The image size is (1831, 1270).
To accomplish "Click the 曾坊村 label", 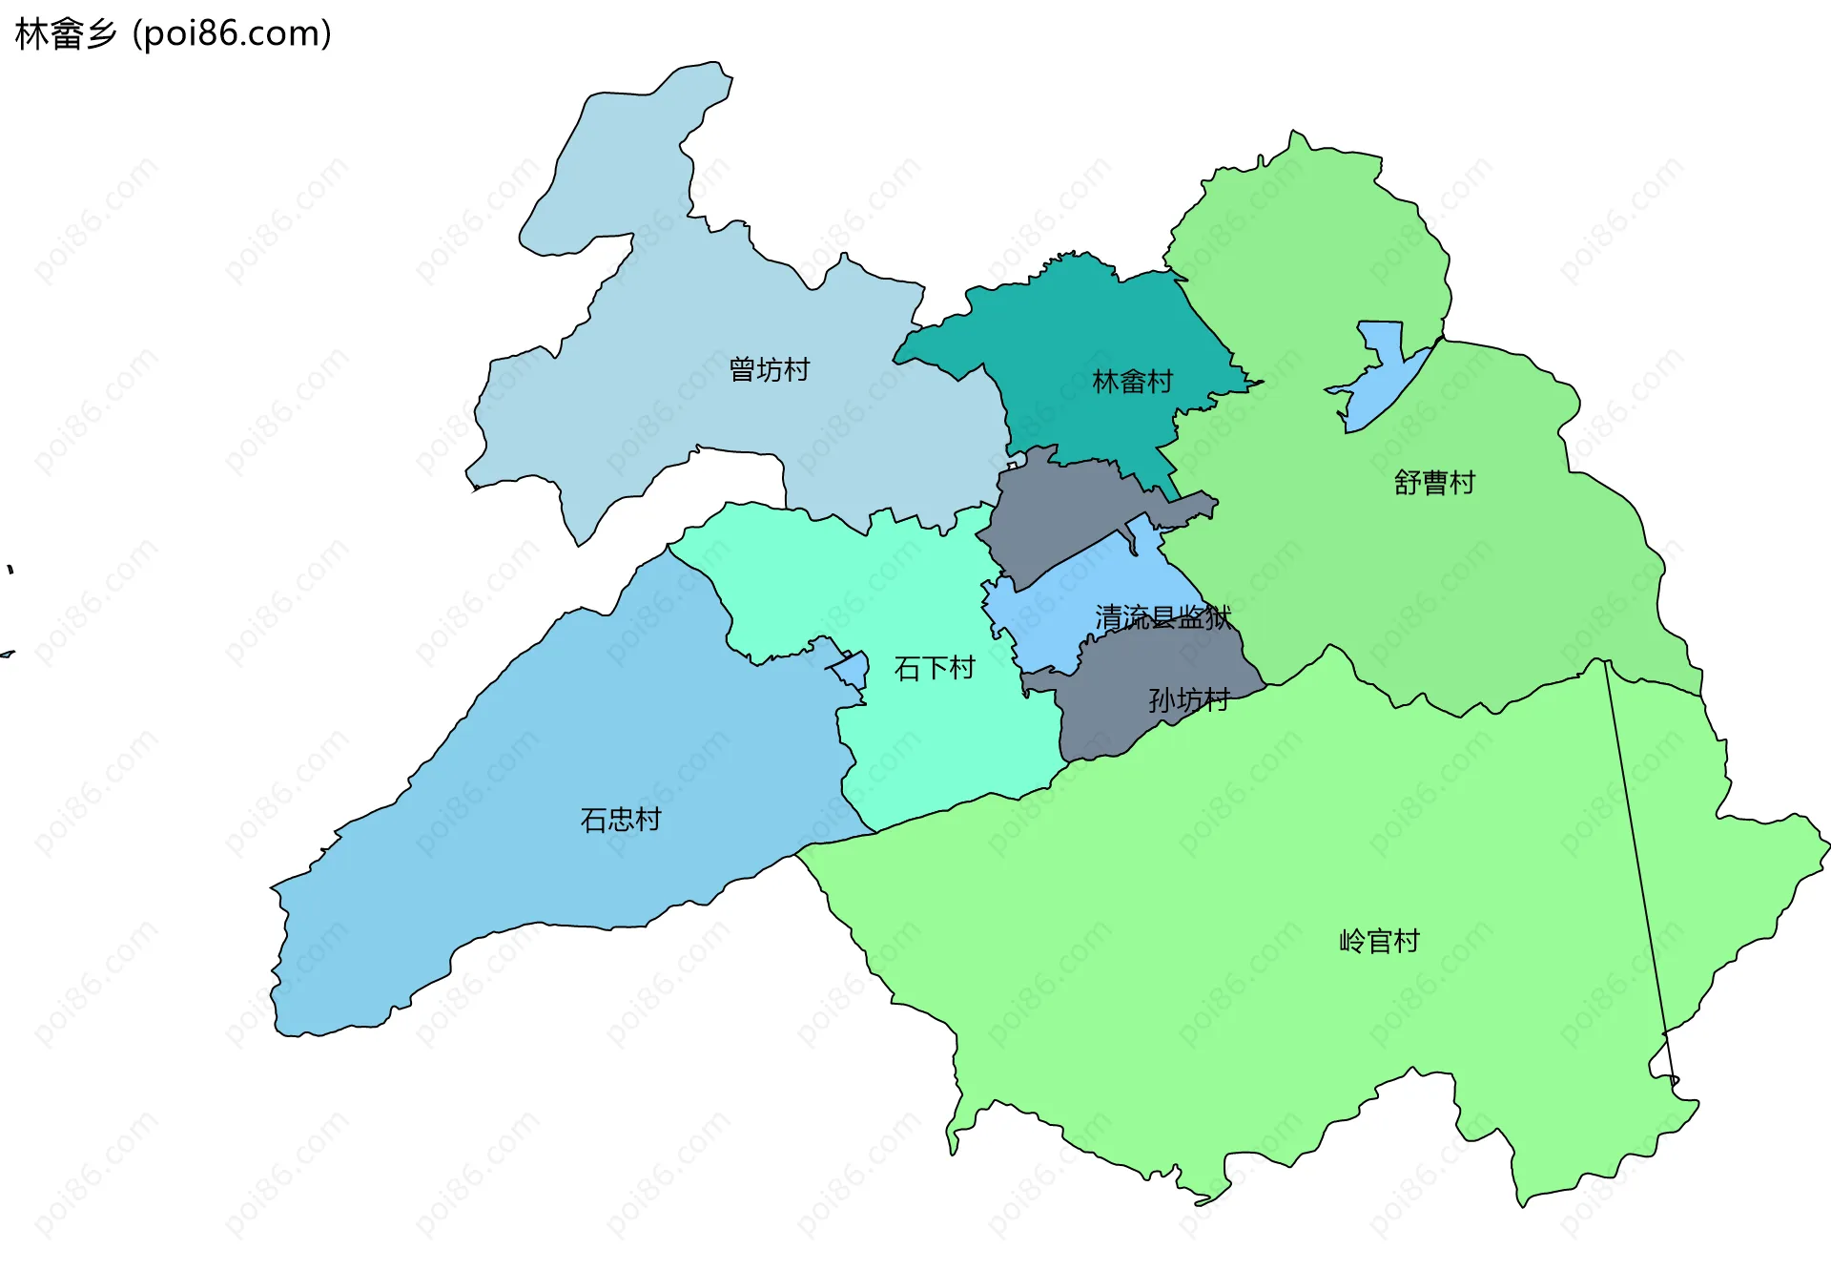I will tap(769, 369).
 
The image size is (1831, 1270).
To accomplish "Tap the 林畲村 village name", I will tap(1132, 382).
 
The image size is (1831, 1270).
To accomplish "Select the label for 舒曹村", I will tap(1434, 483).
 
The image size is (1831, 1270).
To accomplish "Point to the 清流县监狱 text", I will tap(1162, 617).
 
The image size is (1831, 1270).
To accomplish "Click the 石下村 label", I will tap(935, 668).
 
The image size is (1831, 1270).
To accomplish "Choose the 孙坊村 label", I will tap(1188, 700).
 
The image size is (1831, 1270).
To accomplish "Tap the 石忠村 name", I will tap(621, 820).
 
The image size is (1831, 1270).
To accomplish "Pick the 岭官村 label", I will tap(1379, 942).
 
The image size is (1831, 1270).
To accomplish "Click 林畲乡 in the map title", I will tap(65, 34).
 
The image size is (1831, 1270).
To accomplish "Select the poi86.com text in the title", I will tap(232, 34).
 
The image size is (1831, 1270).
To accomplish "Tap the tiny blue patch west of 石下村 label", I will tap(852, 669).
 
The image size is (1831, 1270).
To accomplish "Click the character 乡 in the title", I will tap(101, 34).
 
